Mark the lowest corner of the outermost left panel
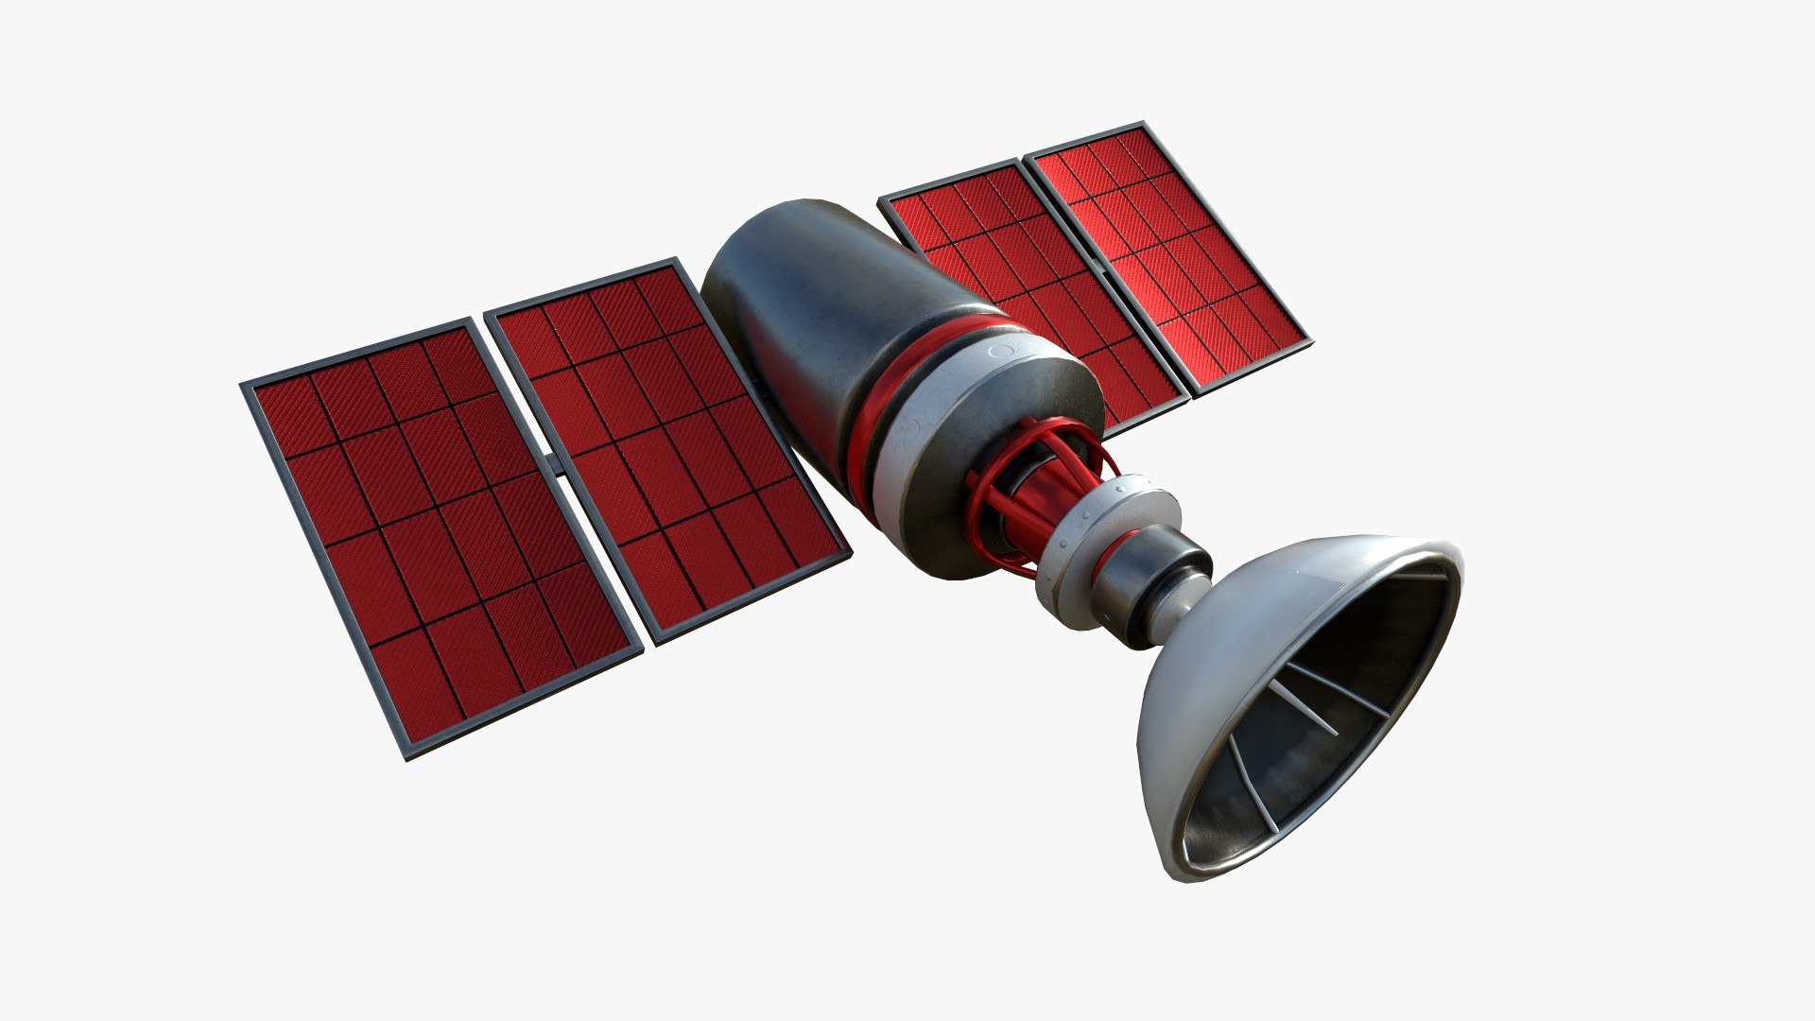coord(408,756)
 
